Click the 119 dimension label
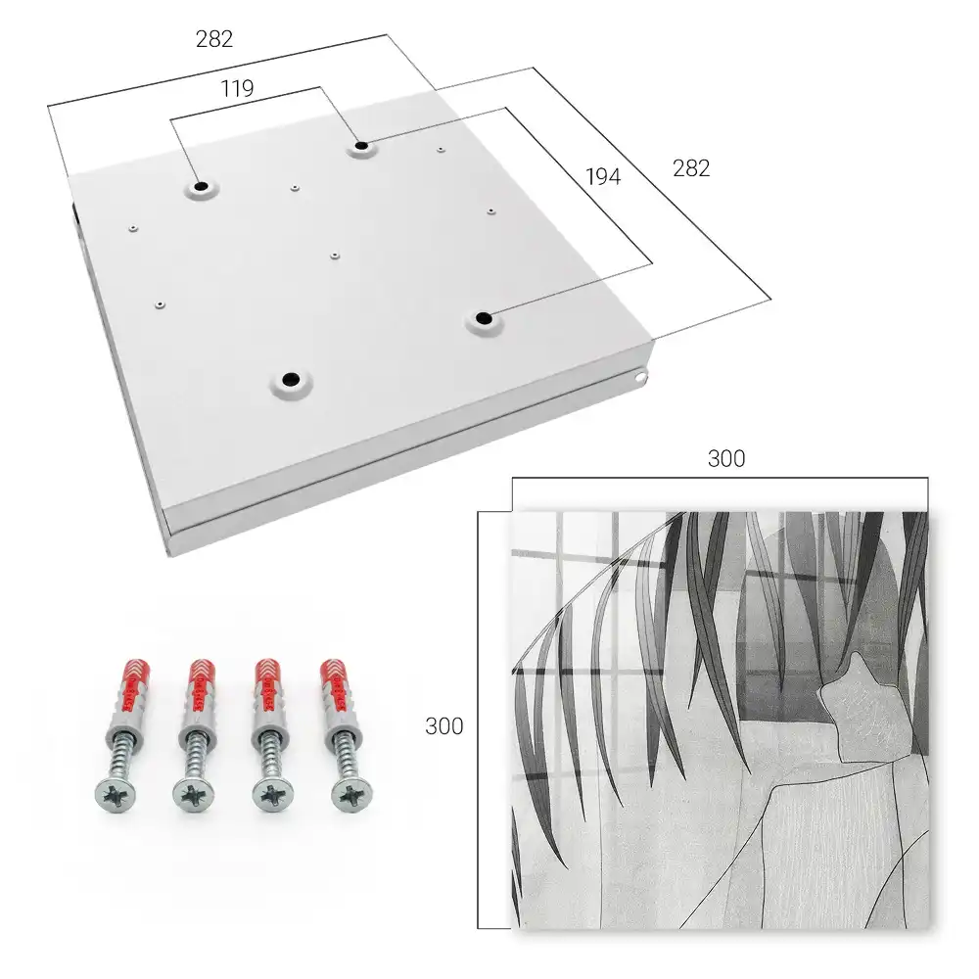click(237, 89)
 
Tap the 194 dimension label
click(603, 177)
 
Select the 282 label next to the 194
click(691, 168)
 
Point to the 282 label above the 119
click(214, 39)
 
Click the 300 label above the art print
click(726, 459)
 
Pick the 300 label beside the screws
click(443, 726)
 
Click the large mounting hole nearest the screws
click(291, 379)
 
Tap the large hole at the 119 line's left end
click(201, 186)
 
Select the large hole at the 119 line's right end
click(361, 147)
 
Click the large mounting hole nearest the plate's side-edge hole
click(483, 319)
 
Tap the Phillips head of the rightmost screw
click(350, 795)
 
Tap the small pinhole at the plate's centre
click(335, 256)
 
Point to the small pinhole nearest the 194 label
click(491, 211)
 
